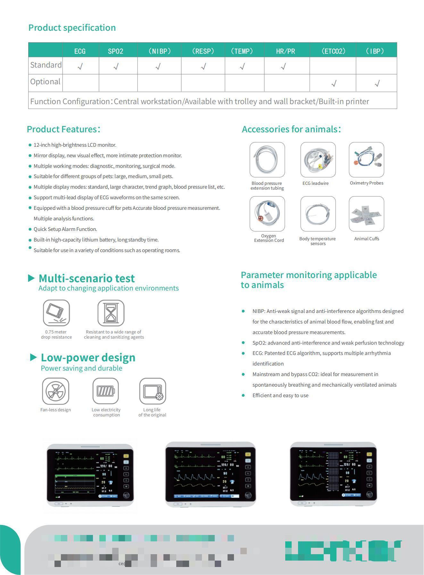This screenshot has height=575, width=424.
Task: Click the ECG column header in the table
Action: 80,51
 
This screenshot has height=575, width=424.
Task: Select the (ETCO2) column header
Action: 333,51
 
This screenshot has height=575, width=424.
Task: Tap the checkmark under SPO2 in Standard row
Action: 116,66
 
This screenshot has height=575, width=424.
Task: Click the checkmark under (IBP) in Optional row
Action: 377,84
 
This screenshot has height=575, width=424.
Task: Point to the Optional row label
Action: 45,82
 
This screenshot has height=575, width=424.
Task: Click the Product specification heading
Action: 72,28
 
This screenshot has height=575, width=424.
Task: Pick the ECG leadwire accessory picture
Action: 318,160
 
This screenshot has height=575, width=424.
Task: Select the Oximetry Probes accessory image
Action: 366,160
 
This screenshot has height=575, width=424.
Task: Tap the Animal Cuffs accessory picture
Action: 366,214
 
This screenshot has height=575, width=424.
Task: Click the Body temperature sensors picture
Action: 318,214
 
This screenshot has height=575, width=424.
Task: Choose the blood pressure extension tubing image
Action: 267,160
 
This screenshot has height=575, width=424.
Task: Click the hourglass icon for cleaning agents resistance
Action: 111,313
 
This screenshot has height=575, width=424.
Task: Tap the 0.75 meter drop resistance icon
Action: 56,313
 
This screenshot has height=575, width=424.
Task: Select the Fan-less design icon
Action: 56,391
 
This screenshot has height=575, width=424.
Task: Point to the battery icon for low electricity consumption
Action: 106,391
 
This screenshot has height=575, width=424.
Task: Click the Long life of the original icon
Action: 153,391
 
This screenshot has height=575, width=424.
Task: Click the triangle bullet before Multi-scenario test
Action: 31,278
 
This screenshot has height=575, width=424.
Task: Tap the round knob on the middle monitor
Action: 248,495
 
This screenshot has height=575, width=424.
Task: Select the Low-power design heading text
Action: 88,357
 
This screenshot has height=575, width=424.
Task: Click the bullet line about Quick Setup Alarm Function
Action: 65,229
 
